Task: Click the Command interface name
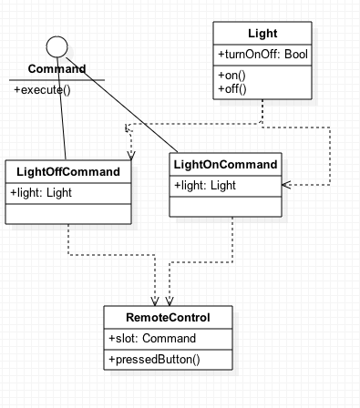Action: [x=57, y=69]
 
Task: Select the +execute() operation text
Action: [x=42, y=89]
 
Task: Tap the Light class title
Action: [x=262, y=34]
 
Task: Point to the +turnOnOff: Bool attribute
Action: [x=262, y=56]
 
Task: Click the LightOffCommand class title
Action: [x=68, y=172]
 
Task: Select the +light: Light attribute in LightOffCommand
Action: [x=41, y=192]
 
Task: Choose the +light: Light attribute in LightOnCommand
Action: [x=205, y=186]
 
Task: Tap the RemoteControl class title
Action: [x=168, y=318]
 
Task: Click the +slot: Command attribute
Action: [x=151, y=339]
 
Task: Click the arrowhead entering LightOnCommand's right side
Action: [x=286, y=185]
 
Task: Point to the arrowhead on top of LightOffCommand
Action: [x=130, y=156]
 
